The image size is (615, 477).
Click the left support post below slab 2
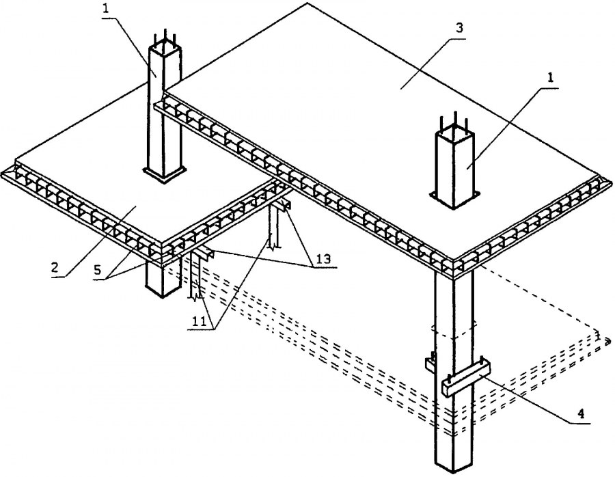pyautogui.click(x=195, y=280)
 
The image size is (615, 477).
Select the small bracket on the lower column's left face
pyautogui.click(x=431, y=363)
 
